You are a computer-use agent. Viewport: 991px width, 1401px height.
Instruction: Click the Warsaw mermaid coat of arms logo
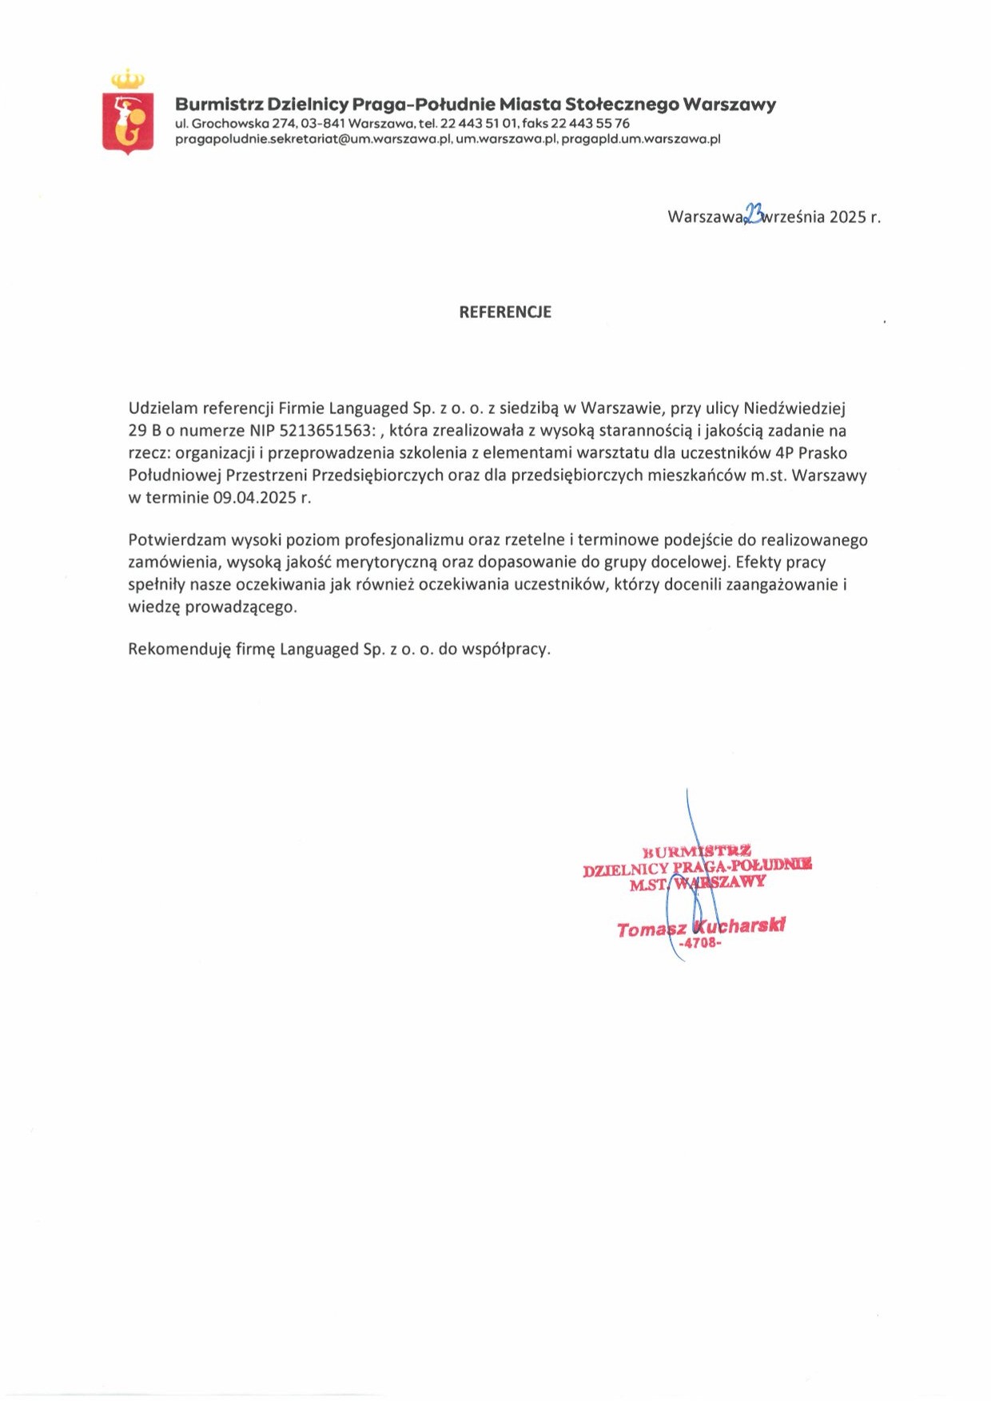point(128,113)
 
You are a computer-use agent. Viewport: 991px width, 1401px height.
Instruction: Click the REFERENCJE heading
point(505,312)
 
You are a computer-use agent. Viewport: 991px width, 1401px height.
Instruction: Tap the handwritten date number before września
point(754,213)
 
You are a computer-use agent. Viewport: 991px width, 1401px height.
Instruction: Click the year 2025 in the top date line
point(847,217)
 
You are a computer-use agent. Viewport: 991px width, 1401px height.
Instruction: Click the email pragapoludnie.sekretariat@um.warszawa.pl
point(313,139)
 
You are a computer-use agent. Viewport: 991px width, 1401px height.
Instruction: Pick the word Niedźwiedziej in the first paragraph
point(794,408)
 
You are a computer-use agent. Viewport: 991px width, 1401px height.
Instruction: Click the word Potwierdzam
point(177,540)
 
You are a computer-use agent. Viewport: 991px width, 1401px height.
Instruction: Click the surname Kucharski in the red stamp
point(739,926)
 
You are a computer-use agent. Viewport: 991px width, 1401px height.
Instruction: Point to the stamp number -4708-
point(699,943)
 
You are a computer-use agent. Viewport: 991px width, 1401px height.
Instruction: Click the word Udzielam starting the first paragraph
point(162,408)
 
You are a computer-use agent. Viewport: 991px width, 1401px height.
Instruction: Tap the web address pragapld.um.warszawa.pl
point(641,139)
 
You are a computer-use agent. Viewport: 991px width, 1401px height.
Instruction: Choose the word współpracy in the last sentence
point(505,649)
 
